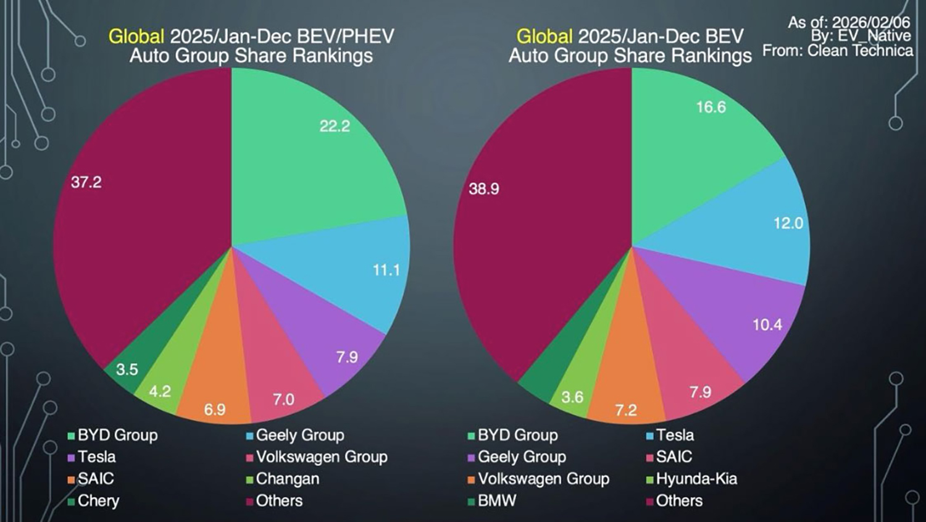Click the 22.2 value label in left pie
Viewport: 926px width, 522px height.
coord(335,127)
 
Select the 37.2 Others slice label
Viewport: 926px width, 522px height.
coord(86,182)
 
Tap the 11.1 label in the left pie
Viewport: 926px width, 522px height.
coord(386,270)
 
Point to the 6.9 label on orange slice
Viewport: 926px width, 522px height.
coord(215,410)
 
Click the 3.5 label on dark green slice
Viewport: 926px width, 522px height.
coord(127,369)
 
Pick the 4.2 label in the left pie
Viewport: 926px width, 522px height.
coord(160,391)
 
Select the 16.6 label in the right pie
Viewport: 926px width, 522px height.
coord(711,107)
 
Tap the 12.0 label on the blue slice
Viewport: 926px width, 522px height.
coord(788,223)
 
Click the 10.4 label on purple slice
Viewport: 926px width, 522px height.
coord(767,324)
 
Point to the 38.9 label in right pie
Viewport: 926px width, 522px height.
coord(484,189)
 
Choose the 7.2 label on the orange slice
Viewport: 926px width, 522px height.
coord(626,410)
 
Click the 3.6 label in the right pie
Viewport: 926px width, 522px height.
coord(572,397)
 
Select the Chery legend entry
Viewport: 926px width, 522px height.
coord(98,500)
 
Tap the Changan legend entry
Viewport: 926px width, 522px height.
coord(287,479)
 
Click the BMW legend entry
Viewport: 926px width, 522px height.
coord(497,500)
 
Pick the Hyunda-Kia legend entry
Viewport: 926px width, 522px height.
coord(696,479)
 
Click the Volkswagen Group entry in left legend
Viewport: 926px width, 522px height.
coord(322,457)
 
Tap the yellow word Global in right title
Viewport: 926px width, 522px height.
coord(544,36)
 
